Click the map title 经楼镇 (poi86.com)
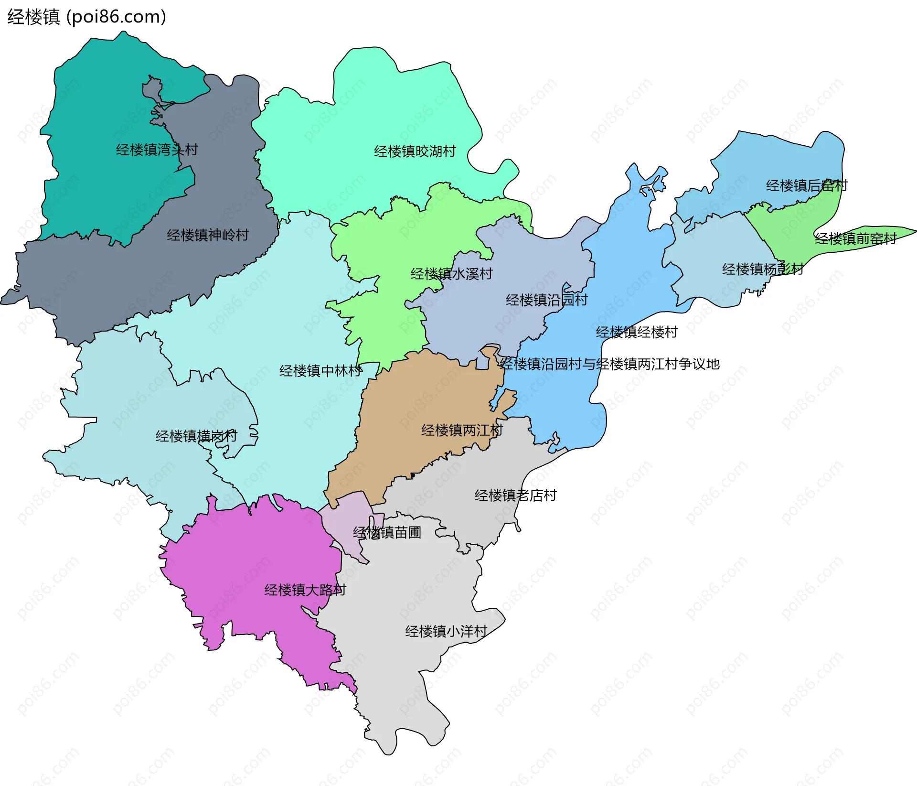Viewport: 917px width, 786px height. [86, 17]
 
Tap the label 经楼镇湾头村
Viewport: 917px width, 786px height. [157, 150]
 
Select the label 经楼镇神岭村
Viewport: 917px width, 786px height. [208, 235]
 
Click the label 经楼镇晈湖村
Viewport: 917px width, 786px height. [415, 151]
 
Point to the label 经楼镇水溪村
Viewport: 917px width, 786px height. [451, 274]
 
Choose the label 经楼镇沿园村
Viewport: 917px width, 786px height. [546, 300]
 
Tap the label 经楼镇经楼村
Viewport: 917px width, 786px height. [637, 332]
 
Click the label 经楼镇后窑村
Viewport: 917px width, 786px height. [807, 185]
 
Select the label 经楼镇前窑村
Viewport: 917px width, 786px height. [855, 238]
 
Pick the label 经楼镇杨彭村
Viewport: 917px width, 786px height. [763, 269]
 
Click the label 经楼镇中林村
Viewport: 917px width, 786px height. [320, 371]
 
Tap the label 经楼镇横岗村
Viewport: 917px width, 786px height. [196, 436]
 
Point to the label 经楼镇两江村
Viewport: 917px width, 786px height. [462, 431]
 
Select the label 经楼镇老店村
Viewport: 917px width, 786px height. [515, 495]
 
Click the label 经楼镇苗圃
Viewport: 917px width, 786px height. [387, 532]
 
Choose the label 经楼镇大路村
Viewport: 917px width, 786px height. [305, 590]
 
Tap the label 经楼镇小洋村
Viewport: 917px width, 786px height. [446, 632]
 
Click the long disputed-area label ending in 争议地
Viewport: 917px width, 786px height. [609, 364]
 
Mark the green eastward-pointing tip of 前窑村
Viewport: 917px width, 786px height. [905, 231]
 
